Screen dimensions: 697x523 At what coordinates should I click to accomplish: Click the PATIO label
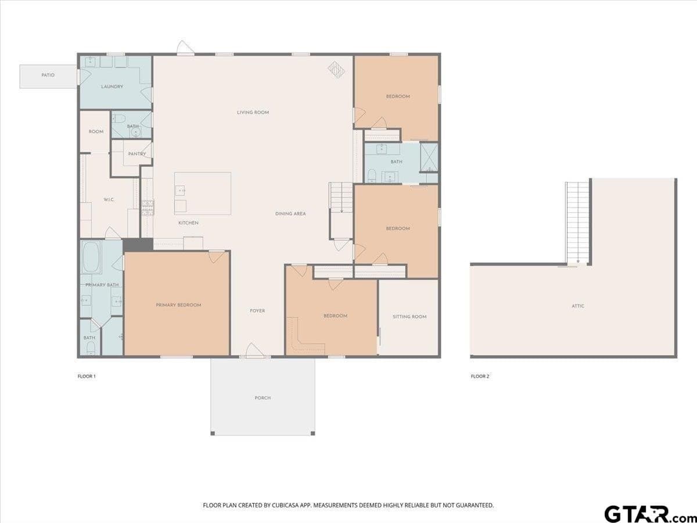click(x=48, y=76)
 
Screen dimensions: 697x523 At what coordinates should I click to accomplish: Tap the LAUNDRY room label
click(x=112, y=87)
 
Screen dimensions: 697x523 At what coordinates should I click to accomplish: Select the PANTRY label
click(x=137, y=153)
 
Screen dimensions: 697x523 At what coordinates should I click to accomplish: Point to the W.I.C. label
click(x=109, y=199)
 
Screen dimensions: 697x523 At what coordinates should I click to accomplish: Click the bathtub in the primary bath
click(x=91, y=257)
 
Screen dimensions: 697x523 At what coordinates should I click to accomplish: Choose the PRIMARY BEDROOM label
click(x=178, y=305)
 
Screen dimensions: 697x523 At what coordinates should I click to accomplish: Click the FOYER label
click(x=257, y=310)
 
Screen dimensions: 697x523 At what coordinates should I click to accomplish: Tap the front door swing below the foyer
click(x=255, y=350)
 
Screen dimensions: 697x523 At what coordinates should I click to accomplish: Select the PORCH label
click(x=263, y=397)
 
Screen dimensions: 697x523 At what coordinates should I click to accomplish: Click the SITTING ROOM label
click(x=409, y=317)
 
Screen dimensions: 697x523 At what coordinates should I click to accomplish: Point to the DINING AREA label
click(x=290, y=214)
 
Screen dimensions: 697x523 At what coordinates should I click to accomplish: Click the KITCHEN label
click(x=188, y=223)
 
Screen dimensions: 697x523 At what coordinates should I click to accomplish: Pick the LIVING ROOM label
click(x=253, y=112)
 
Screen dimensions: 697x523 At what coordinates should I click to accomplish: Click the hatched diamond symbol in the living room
click(x=336, y=70)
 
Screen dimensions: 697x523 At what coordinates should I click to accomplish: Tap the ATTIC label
click(x=578, y=306)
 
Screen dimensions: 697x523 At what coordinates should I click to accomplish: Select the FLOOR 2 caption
click(x=480, y=377)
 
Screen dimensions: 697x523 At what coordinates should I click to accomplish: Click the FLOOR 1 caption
click(x=87, y=377)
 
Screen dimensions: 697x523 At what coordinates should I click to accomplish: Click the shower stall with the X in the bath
click(x=429, y=158)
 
